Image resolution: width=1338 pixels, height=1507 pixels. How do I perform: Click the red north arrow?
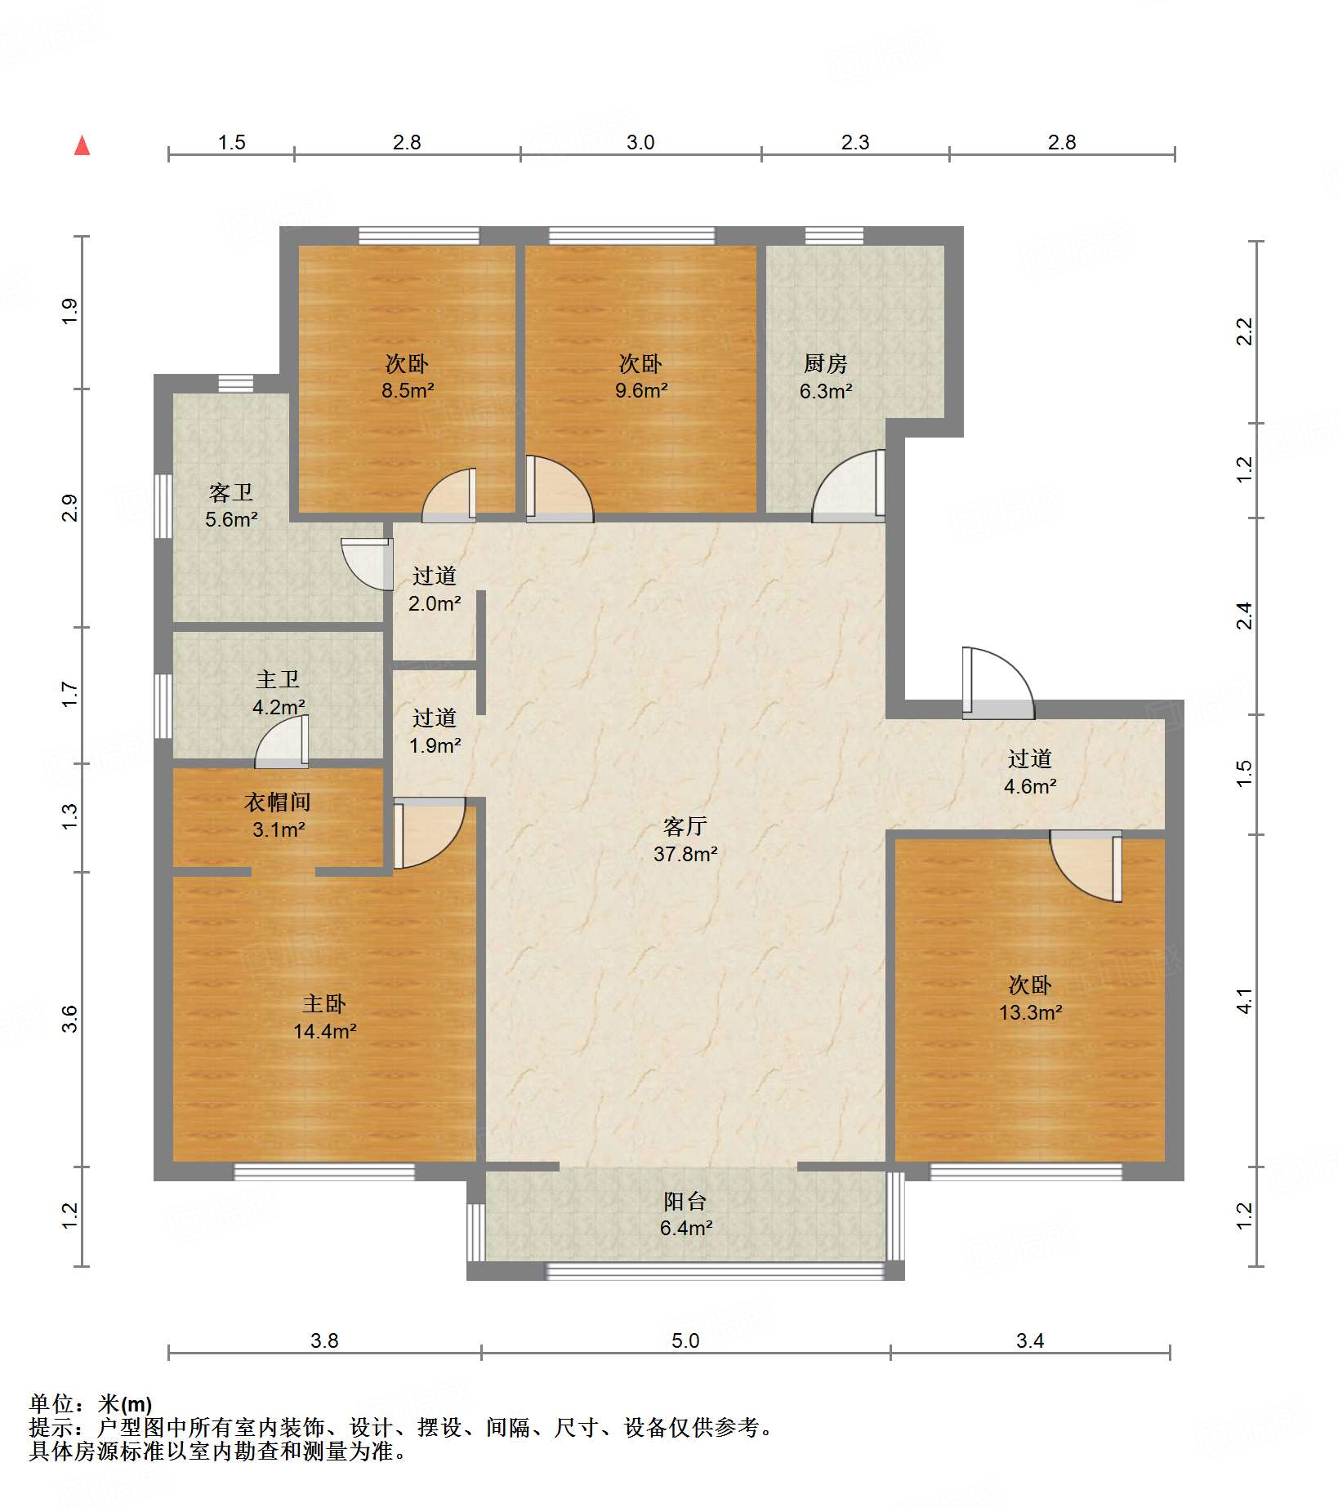coord(82,145)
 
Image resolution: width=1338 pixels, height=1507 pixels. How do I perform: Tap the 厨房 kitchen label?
coord(825,363)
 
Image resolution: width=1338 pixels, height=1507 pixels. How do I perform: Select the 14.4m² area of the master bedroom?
coord(324,1031)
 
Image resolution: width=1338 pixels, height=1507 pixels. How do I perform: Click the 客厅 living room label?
coord(685,827)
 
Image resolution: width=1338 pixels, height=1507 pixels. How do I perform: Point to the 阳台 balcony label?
coord(685,1202)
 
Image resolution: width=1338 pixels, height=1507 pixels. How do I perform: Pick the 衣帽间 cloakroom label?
coord(278,802)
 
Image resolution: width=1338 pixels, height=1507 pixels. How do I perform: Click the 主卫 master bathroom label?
coord(278,679)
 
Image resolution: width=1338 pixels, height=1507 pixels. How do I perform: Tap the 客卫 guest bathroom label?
coord(231,492)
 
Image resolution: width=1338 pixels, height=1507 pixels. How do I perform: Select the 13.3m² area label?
coord(1030,1012)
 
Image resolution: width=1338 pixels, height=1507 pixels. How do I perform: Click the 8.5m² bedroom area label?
coord(407,390)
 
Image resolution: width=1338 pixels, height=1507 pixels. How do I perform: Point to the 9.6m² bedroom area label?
coord(641,390)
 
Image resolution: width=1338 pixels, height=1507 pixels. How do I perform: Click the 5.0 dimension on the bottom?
coord(685,1340)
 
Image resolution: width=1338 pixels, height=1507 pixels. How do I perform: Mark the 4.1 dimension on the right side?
coord(1243,1001)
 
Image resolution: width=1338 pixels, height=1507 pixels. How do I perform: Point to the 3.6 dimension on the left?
coord(69,1019)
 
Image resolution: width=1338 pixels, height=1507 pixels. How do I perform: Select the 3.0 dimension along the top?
coord(640,142)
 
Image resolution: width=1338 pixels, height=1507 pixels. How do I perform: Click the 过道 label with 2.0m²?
coord(434,576)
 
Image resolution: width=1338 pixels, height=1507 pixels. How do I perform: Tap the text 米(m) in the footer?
coord(124,1404)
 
